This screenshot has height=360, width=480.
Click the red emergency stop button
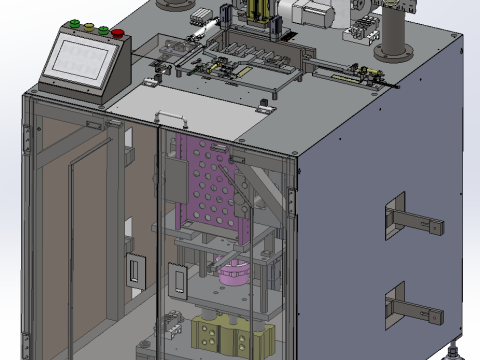[x=119, y=33]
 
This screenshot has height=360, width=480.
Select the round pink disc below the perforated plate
[x=235, y=270]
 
